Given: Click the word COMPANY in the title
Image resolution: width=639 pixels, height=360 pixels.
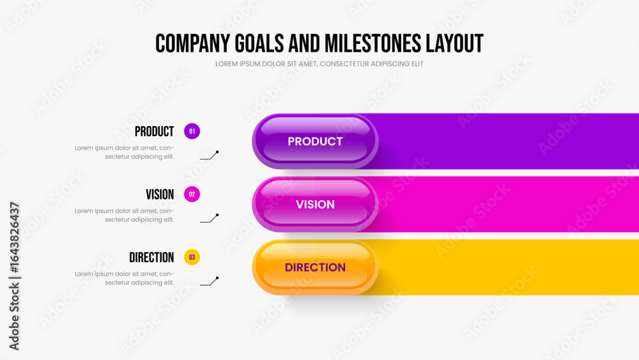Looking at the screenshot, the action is (193, 43).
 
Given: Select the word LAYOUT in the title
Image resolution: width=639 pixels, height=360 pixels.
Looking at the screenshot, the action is (454, 43).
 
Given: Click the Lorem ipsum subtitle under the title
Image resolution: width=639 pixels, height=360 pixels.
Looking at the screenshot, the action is (319, 64).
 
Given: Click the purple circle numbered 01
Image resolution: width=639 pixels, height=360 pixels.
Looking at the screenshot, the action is (192, 131).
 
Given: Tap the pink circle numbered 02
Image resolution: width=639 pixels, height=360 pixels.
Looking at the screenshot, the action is (192, 194).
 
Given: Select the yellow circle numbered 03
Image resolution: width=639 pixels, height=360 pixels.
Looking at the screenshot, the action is (192, 257).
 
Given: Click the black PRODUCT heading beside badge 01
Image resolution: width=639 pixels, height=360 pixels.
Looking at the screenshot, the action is (155, 131).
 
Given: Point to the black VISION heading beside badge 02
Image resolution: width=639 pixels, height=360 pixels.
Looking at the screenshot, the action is (160, 194).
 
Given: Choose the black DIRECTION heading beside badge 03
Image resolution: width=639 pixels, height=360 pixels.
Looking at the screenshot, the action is (151, 257).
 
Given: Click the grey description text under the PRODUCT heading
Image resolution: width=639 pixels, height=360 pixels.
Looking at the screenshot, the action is (125, 152).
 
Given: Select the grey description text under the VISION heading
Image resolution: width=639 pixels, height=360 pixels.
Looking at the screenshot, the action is (125, 215).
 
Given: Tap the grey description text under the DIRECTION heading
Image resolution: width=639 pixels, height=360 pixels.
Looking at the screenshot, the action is (125, 278).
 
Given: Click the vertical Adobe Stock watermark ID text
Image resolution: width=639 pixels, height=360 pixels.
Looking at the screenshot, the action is (14, 276).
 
